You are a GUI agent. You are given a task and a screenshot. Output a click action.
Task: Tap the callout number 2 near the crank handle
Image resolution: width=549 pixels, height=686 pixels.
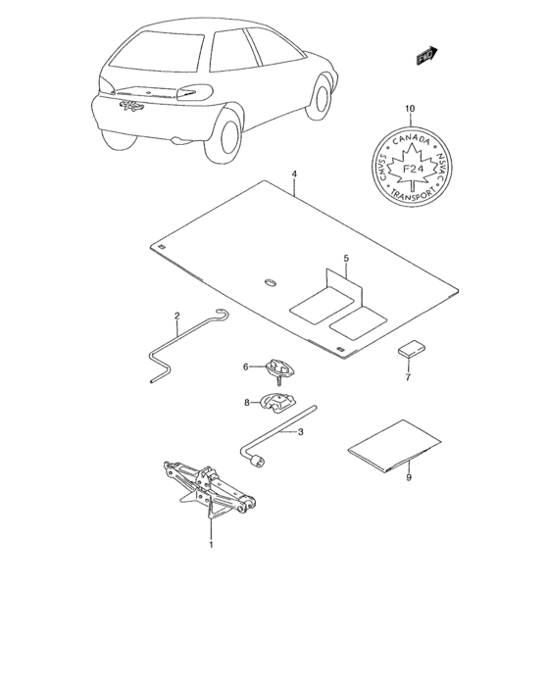[x=176, y=316]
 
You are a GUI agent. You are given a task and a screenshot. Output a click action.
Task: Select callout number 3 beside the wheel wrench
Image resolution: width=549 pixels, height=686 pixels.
[x=301, y=431]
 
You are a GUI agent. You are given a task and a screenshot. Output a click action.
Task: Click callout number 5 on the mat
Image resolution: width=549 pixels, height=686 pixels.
[x=345, y=259]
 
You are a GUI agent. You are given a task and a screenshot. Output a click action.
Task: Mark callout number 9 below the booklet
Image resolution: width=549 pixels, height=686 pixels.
[x=408, y=479]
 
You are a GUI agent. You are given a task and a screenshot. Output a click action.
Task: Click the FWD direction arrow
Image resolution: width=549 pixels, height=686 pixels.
[x=426, y=57]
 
